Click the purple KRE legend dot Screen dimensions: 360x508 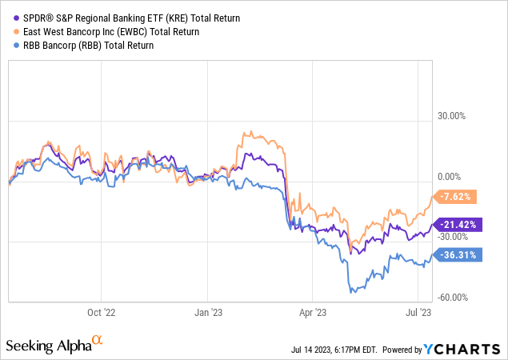(x=10, y=17)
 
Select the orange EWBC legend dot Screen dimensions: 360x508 (x=10, y=31)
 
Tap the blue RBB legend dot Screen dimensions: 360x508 (x=10, y=46)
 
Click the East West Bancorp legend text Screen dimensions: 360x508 (x=105, y=31)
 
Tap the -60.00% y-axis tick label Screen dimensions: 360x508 (x=452, y=297)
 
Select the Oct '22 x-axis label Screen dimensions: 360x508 (x=102, y=313)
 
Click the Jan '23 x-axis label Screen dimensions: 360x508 (x=207, y=313)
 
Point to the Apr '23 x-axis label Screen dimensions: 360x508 (x=314, y=313)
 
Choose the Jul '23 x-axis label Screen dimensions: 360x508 (x=420, y=313)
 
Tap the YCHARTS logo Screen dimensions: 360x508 (x=453, y=349)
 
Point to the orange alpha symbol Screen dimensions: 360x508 (x=98, y=340)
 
